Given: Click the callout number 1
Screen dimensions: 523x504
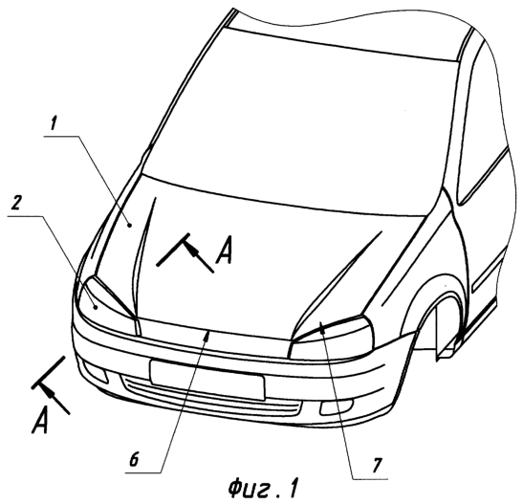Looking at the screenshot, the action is (54, 124).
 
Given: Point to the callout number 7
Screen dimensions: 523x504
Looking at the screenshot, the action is (376, 465).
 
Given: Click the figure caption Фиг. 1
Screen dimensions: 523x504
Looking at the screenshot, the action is (263, 489).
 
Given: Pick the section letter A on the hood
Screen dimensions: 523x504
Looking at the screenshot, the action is (224, 250).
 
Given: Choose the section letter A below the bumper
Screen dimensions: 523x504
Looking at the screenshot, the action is (40, 420).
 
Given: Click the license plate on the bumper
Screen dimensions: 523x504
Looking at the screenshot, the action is (207, 380).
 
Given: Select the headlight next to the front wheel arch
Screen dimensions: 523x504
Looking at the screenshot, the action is (332, 337).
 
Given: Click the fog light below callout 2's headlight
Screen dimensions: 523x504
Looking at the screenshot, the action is (96, 372).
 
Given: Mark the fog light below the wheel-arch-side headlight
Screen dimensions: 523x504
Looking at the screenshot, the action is (337, 408).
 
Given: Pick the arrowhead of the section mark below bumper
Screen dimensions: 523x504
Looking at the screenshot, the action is (48, 391).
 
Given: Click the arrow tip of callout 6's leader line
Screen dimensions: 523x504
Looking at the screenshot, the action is (208, 334).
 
